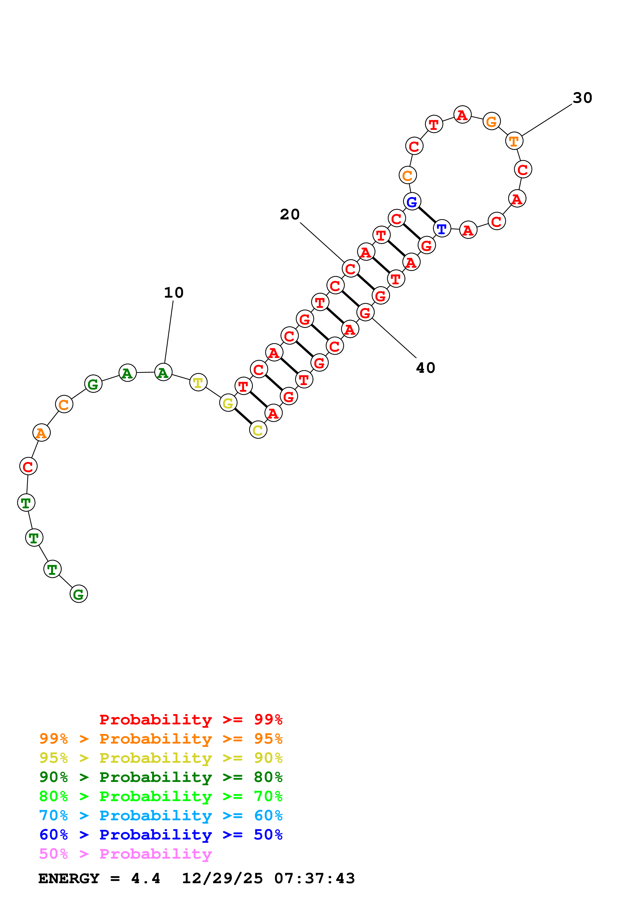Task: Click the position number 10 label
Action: tap(173, 293)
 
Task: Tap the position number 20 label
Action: tap(290, 215)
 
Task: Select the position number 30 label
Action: tap(582, 98)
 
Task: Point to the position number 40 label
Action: tap(425, 368)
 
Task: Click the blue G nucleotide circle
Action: tap(412, 202)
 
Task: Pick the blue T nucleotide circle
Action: tap(442, 229)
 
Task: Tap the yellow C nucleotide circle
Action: tap(258, 430)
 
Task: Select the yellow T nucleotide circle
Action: tap(198, 383)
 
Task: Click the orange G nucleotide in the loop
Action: tap(491, 121)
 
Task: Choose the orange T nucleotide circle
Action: tap(514, 141)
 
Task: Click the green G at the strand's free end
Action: tap(79, 594)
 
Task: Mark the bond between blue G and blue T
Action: tap(427, 216)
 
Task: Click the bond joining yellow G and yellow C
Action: tap(243, 417)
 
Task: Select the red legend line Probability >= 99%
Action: tap(191, 720)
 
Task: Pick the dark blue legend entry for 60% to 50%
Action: tap(161, 835)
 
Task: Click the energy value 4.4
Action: tap(145, 878)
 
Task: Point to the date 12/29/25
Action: tap(222, 878)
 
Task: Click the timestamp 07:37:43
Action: tap(315, 878)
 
